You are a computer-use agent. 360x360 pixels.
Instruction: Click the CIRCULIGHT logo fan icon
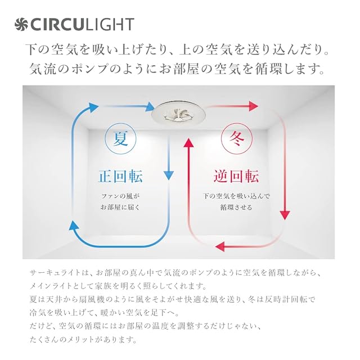[21, 24]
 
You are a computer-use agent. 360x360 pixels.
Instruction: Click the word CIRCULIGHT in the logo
[82, 24]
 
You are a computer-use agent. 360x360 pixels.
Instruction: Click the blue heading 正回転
[121, 176]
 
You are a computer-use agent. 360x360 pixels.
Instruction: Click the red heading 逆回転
[236, 176]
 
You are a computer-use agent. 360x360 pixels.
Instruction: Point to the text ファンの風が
[120, 196]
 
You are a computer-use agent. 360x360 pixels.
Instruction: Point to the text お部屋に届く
[120, 208]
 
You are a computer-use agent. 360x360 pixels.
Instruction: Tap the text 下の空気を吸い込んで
[236, 196]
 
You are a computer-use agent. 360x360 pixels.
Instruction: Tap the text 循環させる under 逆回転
[236, 208]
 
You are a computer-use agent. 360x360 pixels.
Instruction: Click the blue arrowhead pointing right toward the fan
[150, 106]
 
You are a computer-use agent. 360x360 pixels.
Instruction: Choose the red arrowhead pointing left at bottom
[221, 246]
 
